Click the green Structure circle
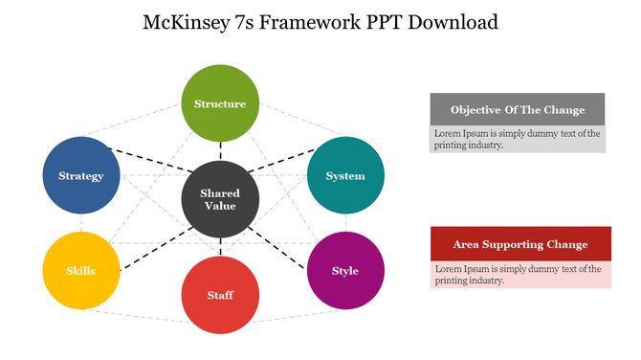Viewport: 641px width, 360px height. point(220,103)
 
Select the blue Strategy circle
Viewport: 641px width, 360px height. point(81,176)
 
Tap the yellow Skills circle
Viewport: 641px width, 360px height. point(81,270)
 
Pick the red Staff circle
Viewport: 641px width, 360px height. point(220,295)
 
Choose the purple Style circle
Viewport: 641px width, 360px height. point(345,270)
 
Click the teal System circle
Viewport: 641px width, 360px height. point(345,176)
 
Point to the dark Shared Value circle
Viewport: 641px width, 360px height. point(219,199)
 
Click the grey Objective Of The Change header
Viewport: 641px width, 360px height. point(518,109)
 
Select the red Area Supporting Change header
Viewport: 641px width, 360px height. point(520,244)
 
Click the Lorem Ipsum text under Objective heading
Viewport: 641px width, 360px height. point(518,139)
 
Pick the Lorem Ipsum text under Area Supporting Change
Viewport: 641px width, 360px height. point(518,275)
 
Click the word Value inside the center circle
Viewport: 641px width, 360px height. point(219,206)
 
